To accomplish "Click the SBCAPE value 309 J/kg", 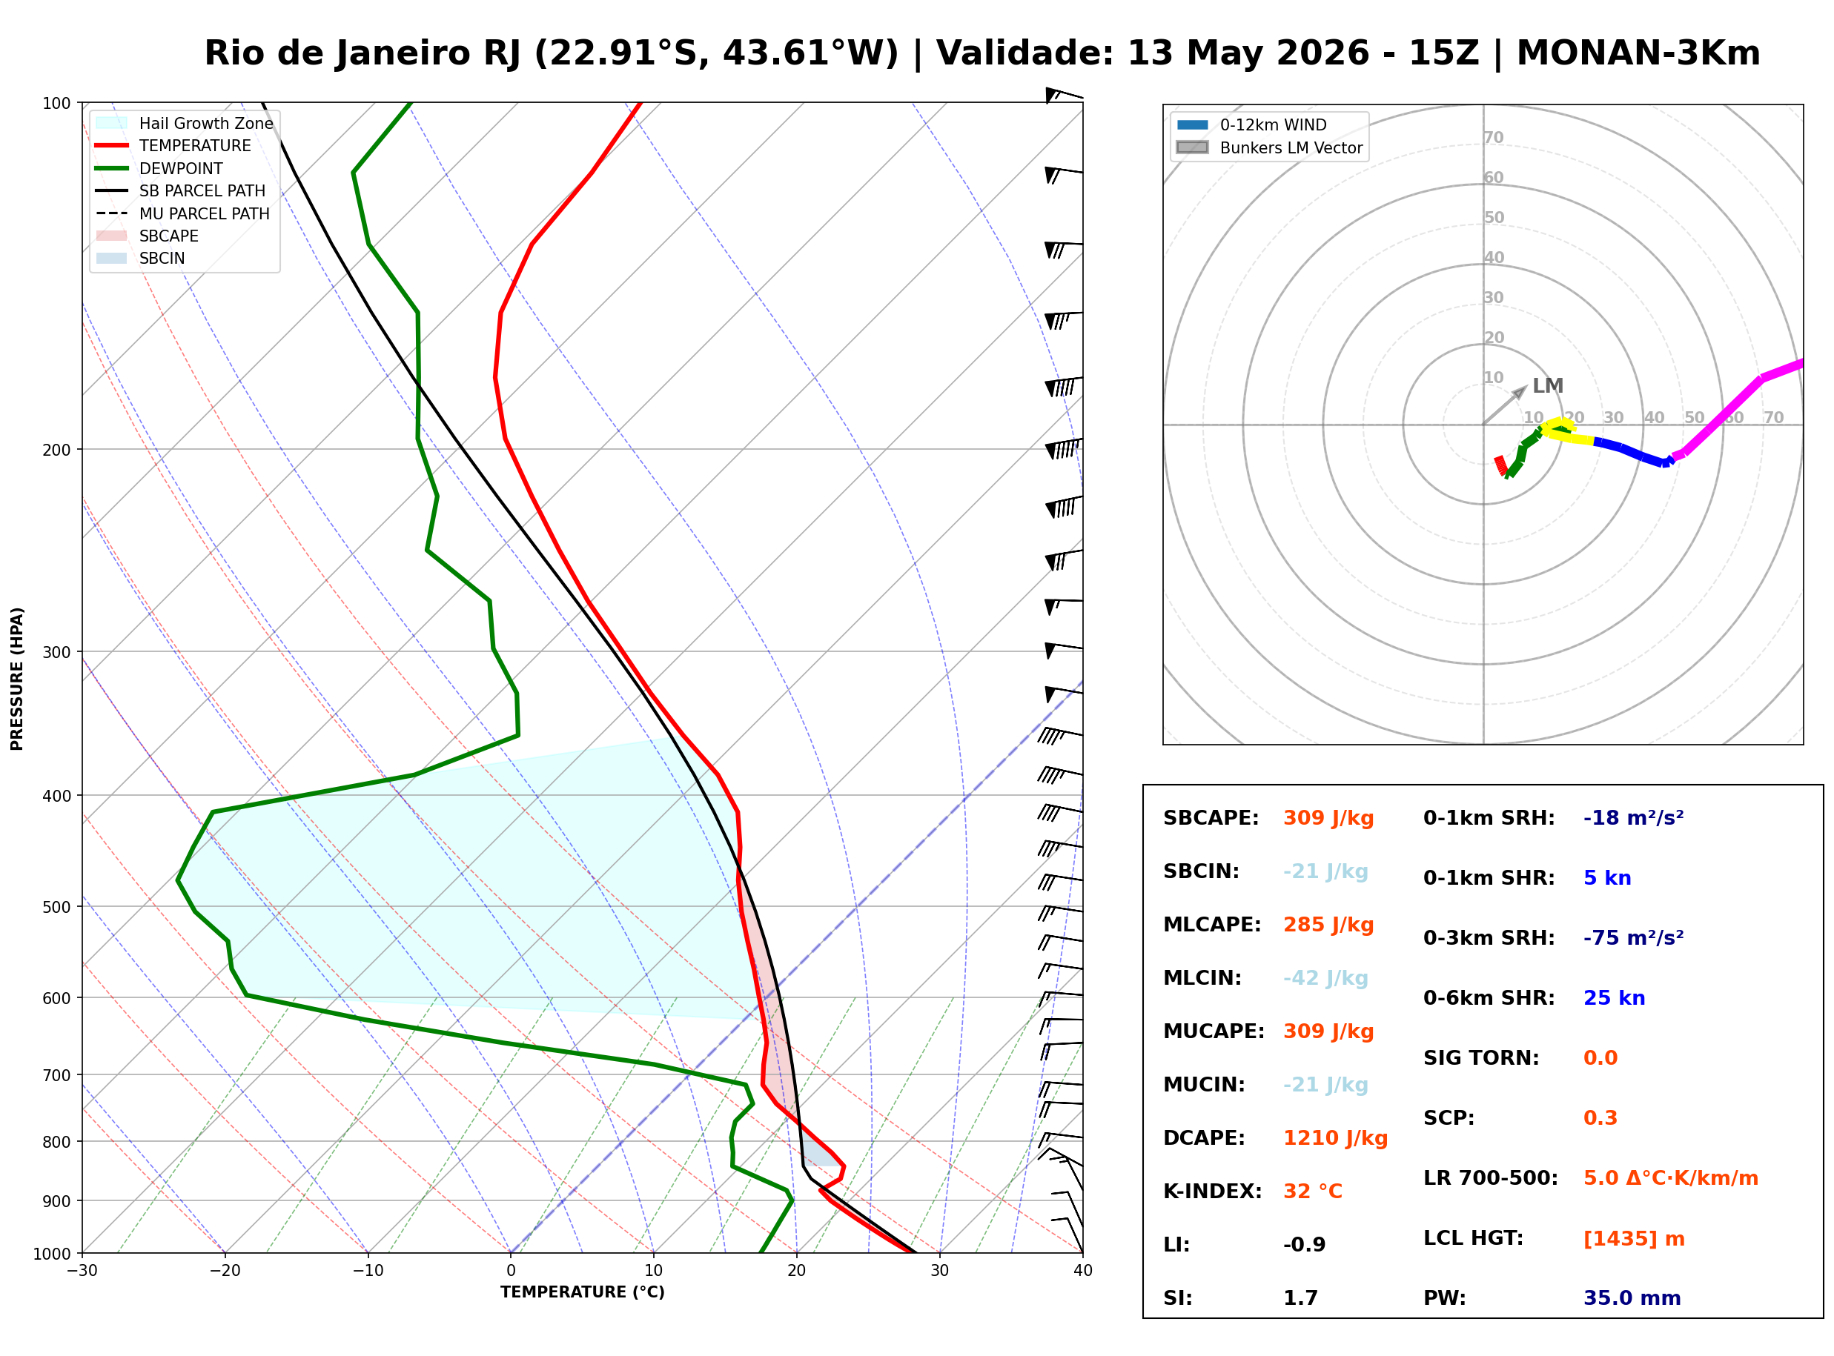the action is (x=1328, y=818).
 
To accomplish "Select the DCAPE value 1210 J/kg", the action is (x=1335, y=1138).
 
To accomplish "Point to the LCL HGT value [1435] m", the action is (x=1634, y=1239).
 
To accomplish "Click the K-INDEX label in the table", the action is (x=1212, y=1192).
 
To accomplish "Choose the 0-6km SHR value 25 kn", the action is (x=1614, y=998).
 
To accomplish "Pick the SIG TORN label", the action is (x=1481, y=1058).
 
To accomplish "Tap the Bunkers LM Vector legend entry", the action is (x=1269, y=147).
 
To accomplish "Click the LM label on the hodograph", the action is (x=1548, y=386).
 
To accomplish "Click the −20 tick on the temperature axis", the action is (x=224, y=1271).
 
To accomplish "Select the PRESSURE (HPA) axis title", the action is (x=17, y=679).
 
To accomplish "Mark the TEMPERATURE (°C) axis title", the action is (x=582, y=1293).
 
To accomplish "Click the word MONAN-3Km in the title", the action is (x=1638, y=53).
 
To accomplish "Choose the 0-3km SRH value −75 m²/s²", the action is (x=1633, y=938).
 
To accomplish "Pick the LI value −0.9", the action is (x=1304, y=1245).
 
